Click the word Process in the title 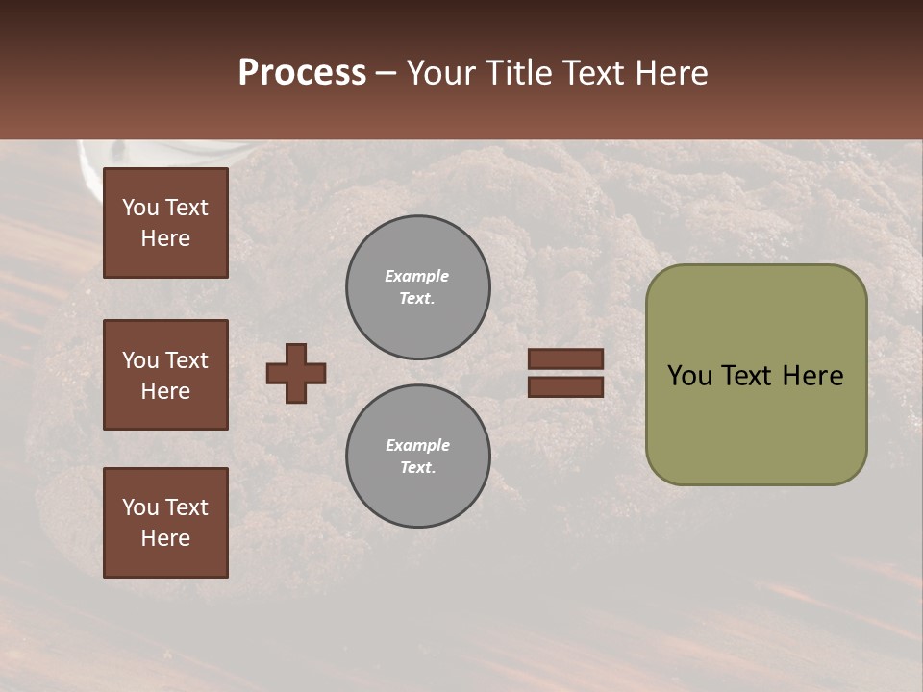302,73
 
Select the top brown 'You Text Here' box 165,223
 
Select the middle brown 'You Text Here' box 165,375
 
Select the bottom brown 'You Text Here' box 165,523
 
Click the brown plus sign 296,373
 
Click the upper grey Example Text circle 418,287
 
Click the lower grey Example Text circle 418,457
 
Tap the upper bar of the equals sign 566,359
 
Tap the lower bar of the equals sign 566,387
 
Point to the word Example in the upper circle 416,276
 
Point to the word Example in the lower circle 417,445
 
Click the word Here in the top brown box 165,239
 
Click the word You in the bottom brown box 140,507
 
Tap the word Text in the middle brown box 186,360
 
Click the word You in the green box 689,376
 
